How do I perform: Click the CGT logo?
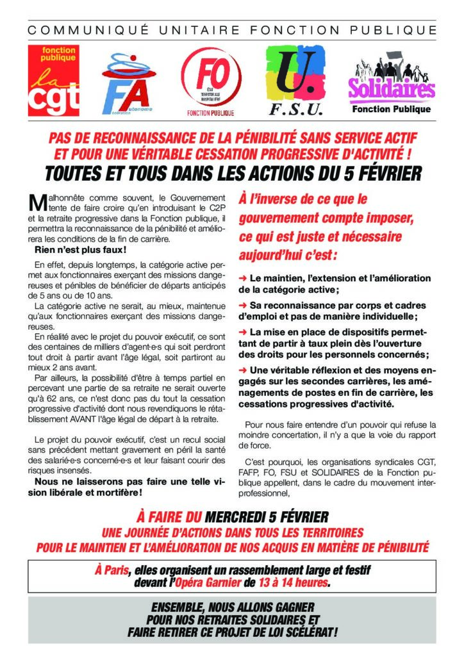[53, 79]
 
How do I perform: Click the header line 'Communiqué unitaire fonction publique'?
[232, 30]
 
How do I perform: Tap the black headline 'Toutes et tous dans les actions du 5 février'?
[232, 174]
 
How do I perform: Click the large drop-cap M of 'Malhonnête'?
[37, 203]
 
